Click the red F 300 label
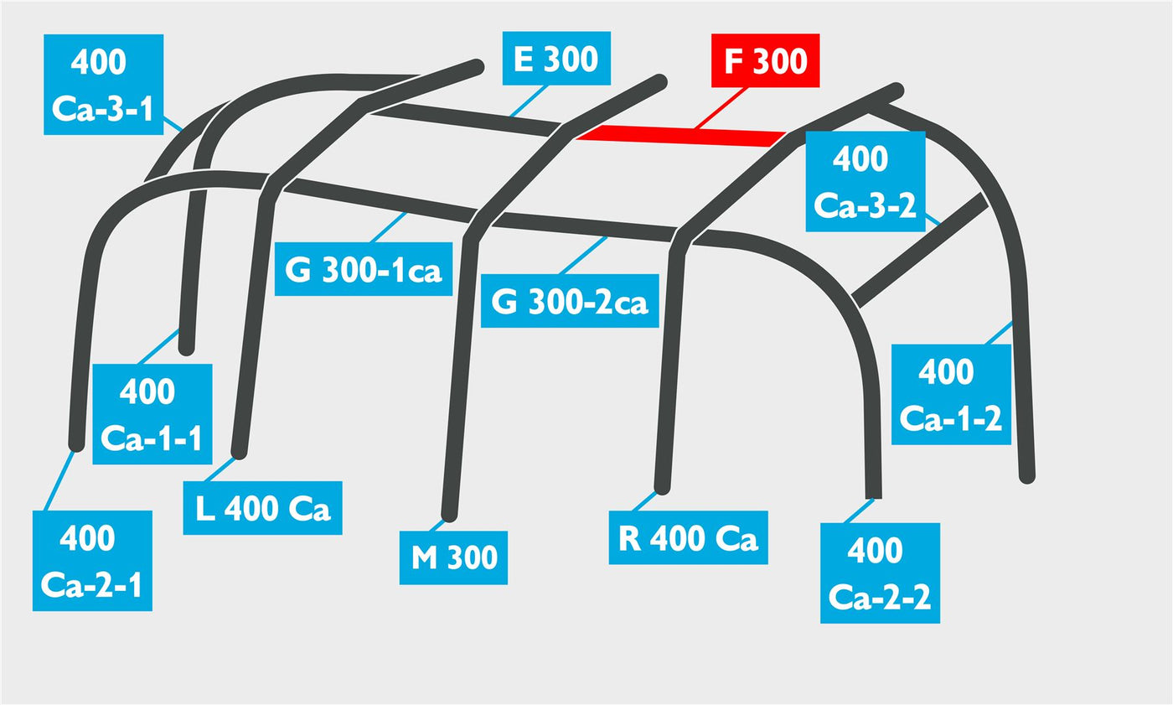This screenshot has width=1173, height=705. [765, 60]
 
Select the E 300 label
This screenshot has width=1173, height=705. [556, 58]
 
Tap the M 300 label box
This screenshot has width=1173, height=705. [453, 557]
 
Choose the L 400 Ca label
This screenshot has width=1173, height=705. [262, 507]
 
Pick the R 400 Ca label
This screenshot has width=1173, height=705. [688, 537]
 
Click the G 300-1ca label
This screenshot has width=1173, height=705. [364, 269]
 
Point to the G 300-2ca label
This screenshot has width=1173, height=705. [570, 301]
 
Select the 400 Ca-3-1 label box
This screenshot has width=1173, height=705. [103, 85]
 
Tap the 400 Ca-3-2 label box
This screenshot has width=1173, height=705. [865, 181]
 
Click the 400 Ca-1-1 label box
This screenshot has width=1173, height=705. [152, 414]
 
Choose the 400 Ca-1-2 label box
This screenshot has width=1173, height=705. [951, 394]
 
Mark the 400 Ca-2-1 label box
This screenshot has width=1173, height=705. [92, 561]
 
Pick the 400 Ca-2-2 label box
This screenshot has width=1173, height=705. [880, 573]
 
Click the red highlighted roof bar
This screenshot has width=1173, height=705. [680, 136]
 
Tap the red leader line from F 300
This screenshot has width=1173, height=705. [720, 108]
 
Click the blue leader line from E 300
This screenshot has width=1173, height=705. [528, 101]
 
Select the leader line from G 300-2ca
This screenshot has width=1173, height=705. [583, 255]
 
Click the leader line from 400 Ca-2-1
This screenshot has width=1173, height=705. [59, 481]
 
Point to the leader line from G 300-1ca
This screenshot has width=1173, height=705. [388, 227]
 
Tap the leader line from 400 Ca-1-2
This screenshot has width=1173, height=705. [999, 333]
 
